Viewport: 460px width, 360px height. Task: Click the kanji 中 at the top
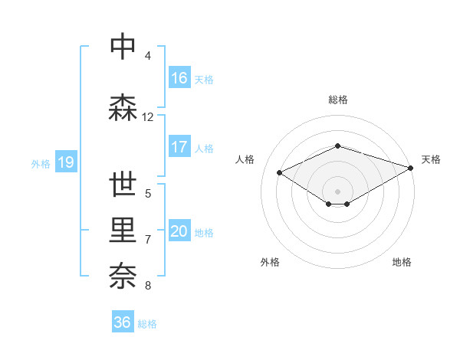[123, 47]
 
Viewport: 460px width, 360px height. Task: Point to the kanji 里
[123, 231]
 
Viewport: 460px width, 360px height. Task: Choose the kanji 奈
[123, 274]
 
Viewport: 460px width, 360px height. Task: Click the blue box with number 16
[179, 78]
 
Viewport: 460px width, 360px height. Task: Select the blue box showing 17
[179, 147]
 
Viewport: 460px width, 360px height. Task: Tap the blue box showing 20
[179, 231]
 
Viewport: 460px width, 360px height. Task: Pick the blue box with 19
[64, 162]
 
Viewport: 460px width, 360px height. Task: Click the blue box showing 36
[123, 322]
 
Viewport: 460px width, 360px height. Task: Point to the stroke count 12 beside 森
[148, 117]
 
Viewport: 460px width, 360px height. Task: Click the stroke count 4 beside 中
[148, 56]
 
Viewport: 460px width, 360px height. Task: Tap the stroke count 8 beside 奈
[148, 286]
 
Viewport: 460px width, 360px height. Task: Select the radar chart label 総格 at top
[337, 100]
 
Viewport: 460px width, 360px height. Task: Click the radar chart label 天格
[431, 159]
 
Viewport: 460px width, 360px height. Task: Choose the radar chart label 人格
[245, 159]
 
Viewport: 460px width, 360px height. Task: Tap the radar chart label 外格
[270, 262]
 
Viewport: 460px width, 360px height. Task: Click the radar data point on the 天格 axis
[412, 168]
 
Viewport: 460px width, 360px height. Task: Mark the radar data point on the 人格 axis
[279, 172]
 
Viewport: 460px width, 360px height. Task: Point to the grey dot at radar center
[337, 190]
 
